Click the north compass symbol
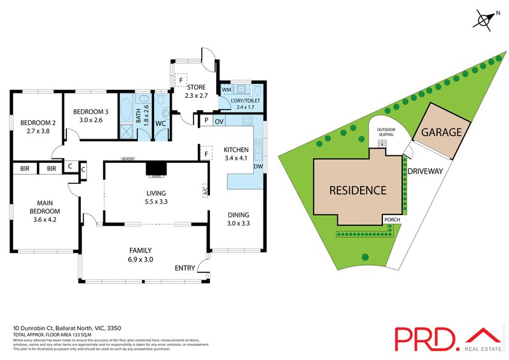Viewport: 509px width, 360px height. [x=485, y=19]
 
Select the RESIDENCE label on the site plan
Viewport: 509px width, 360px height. [x=357, y=190]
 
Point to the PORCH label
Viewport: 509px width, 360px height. [x=393, y=220]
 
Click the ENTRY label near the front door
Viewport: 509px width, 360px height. [x=184, y=268]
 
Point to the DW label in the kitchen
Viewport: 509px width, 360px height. [x=258, y=167]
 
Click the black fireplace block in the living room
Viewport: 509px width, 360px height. [x=155, y=168]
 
